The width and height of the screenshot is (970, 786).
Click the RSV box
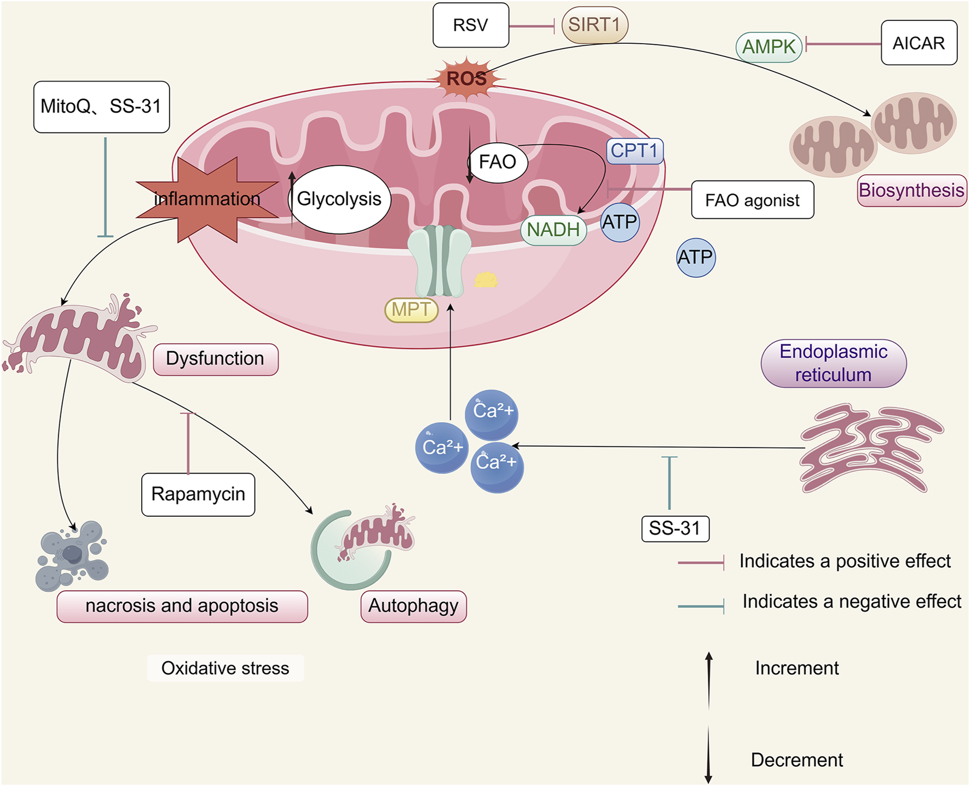tap(471, 25)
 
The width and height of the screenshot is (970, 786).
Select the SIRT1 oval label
tap(594, 25)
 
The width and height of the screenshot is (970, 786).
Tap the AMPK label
tap(769, 47)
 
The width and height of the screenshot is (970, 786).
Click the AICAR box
tap(919, 43)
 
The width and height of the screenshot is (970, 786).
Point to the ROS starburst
tap(466, 79)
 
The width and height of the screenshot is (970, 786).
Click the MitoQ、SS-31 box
tap(101, 107)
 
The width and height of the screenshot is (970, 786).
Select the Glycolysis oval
tap(339, 199)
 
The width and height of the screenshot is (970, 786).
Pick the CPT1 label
tap(634, 151)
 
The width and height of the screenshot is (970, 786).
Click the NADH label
tap(553, 230)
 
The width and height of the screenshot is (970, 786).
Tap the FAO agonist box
tap(752, 200)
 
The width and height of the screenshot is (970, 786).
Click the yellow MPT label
tap(411, 310)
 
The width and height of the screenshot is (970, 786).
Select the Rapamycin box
tap(198, 494)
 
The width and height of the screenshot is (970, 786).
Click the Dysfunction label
tap(215, 359)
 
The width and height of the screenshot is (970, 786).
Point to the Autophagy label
tap(413, 606)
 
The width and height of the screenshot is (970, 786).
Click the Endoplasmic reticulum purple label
tap(833, 363)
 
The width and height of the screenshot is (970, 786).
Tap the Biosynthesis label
tap(911, 190)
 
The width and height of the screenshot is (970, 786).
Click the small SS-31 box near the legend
tap(675, 528)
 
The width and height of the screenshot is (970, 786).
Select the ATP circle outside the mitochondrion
tap(696, 257)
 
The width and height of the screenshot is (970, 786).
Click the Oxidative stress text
tap(225, 668)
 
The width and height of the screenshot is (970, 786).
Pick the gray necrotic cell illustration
tap(72, 555)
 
